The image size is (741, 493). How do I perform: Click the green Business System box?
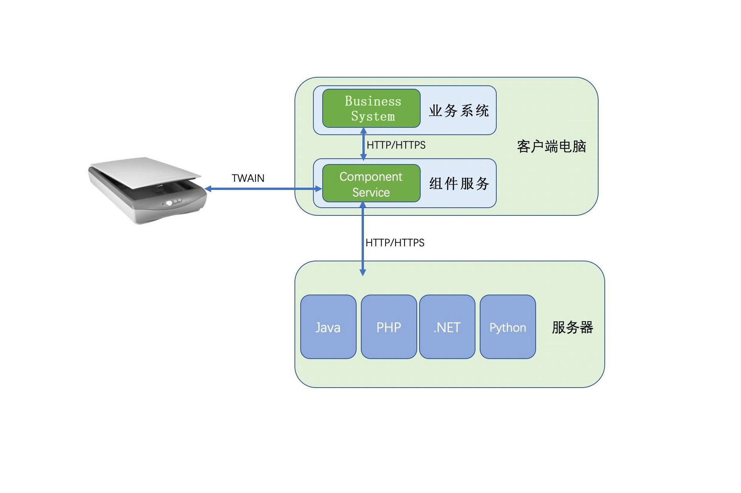pyautogui.click(x=371, y=108)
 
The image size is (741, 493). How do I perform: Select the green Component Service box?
pyautogui.click(x=371, y=183)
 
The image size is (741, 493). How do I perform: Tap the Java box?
pyautogui.click(x=328, y=327)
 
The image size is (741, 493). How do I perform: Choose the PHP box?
pyautogui.click(x=389, y=327)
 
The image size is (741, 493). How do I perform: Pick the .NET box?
pyautogui.click(x=447, y=327)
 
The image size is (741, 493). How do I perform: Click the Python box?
pyautogui.click(x=508, y=327)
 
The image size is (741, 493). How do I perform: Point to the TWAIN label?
pyautogui.click(x=248, y=178)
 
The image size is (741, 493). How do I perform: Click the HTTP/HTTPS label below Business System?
pyautogui.click(x=396, y=145)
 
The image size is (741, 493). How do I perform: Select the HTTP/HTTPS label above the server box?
pyautogui.click(x=395, y=243)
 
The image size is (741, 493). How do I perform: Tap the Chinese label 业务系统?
pyautogui.click(x=459, y=111)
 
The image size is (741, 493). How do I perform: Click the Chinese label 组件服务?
pyautogui.click(x=459, y=184)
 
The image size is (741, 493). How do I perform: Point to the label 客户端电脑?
pyautogui.click(x=552, y=147)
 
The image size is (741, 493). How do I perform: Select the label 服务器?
pyautogui.click(x=572, y=327)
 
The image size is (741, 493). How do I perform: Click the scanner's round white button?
pyautogui.click(x=169, y=203)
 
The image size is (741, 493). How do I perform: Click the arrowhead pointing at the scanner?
pyautogui.click(x=208, y=189)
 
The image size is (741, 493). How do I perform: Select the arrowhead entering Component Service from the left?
pyautogui.click(x=318, y=189)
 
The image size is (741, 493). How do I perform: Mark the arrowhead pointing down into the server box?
pyautogui.click(x=363, y=272)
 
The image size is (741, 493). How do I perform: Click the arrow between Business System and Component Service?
pyautogui.click(x=363, y=144)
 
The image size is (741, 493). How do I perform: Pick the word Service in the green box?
pyautogui.click(x=371, y=192)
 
